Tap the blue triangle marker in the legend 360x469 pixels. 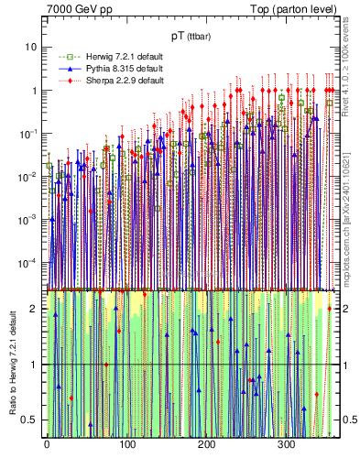pos(65,69)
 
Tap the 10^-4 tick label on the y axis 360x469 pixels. pos(27,263)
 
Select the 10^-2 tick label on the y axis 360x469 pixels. pos(27,177)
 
